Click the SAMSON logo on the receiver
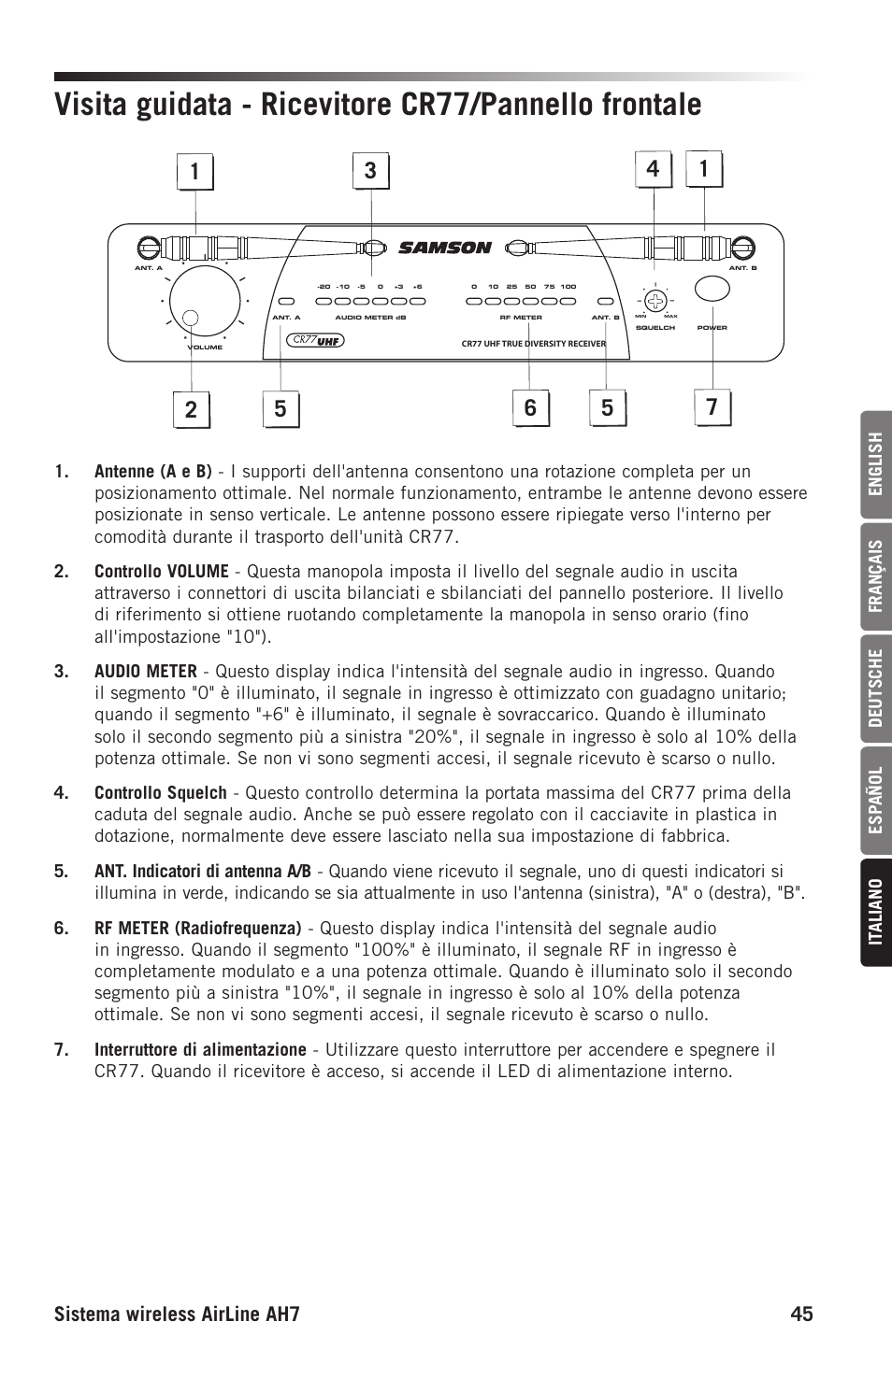444,248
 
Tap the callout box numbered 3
371,171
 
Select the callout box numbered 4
653,169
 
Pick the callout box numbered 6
530,408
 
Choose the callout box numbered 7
712,408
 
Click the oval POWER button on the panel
712,290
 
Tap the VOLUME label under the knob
205,348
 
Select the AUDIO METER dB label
370,318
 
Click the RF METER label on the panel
521,318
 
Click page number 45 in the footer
800,1314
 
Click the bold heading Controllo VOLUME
161,572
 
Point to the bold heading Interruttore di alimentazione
200,1050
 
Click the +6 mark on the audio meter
417,287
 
